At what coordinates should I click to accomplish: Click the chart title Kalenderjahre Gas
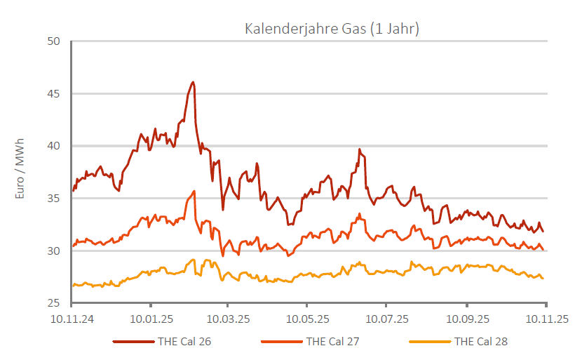(x=332, y=29)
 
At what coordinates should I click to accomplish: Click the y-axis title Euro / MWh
(x=20, y=173)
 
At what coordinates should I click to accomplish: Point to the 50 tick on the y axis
(x=55, y=41)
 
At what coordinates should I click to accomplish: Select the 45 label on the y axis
(x=55, y=94)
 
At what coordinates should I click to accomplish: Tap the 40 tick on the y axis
(x=55, y=146)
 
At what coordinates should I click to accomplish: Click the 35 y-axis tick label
(x=55, y=199)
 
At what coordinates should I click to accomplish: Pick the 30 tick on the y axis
(x=55, y=251)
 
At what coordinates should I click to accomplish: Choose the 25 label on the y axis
(x=55, y=303)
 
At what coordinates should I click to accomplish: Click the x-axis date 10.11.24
(x=72, y=319)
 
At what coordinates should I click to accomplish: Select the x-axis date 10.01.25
(x=151, y=319)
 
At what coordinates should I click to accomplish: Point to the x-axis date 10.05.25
(x=306, y=319)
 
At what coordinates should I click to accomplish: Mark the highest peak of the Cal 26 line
(x=193, y=82)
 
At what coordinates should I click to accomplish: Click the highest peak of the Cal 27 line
(x=194, y=191)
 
